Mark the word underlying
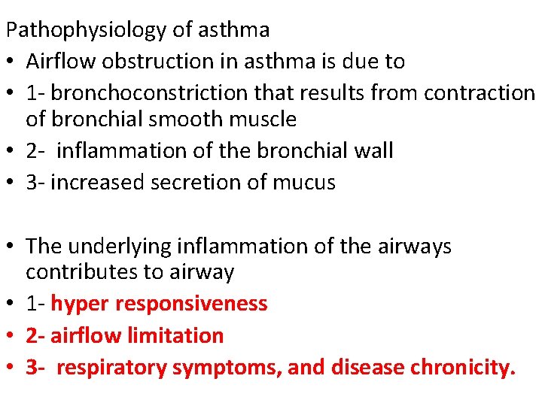(124, 246)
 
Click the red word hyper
(78, 304)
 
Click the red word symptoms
(221, 368)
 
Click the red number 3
(31, 368)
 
